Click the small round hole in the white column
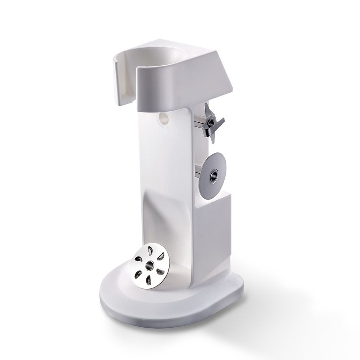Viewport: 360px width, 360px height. pyautogui.click(x=164, y=118)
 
